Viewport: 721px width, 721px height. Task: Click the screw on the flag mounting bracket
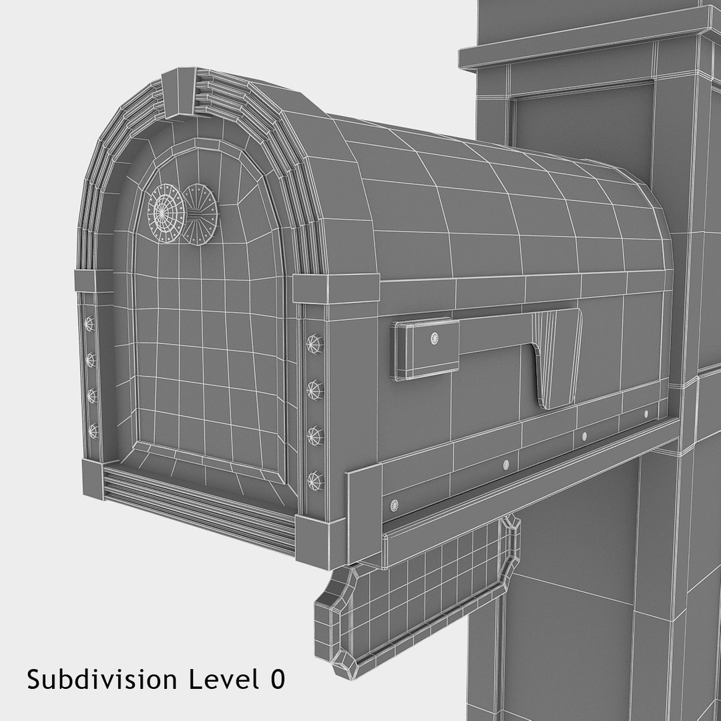436,339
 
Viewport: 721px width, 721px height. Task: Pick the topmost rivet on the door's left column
89,324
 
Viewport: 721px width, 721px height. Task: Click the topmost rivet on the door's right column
314,344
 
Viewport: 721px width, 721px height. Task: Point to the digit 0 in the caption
278,680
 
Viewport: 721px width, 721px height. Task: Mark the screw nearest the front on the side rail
394,504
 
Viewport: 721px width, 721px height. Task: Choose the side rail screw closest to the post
646,415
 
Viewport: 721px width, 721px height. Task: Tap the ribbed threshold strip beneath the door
200,507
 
